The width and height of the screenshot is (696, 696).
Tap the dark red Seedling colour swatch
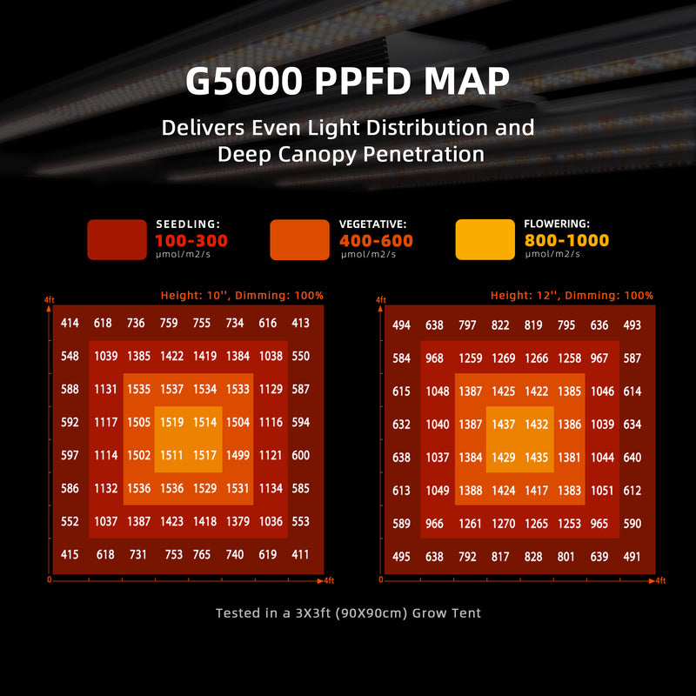117,239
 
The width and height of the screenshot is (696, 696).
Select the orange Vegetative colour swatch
300,239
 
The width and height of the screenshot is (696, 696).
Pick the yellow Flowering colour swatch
485,239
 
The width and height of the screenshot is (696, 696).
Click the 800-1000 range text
566,241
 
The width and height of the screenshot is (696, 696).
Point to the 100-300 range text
191,241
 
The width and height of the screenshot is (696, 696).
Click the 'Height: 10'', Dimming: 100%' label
242,296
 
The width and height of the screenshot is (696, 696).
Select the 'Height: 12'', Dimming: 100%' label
572,296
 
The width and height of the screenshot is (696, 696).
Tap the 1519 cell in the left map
172,422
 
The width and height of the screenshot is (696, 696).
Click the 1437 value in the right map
504,424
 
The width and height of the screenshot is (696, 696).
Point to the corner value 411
300,554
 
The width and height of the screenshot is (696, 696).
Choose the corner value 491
632,557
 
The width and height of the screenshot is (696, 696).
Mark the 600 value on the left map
300,455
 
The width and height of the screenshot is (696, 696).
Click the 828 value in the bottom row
533,557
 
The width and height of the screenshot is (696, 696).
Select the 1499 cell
238,455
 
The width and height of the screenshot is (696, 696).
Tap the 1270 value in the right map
504,524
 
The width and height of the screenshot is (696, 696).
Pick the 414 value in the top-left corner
70,324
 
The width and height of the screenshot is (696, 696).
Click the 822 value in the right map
500,326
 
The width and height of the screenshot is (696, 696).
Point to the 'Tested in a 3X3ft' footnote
348,613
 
